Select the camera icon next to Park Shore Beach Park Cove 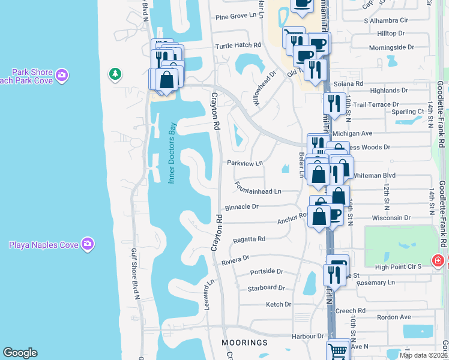pyautogui.click(x=62, y=76)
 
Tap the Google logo pyautogui.click(x=20, y=353)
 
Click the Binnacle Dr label pyautogui.click(x=241, y=207)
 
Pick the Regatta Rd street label pyautogui.click(x=249, y=239)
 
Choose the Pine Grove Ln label pyautogui.click(x=235, y=17)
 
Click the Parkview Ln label pyautogui.click(x=245, y=163)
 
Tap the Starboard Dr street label pyautogui.click(x=266, y=288)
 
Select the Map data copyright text pyautogui.click(x=424, y=355)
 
